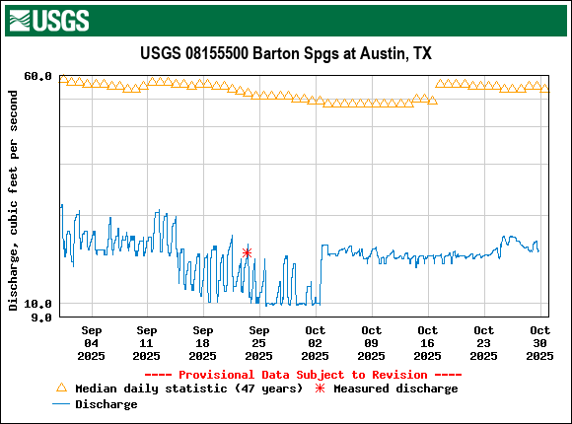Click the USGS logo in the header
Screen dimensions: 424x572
pos(48,20)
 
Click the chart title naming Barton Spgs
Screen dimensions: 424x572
pos(286,53)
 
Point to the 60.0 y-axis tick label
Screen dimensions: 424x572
pos(37,77)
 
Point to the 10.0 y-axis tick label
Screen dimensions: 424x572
pos(37,304)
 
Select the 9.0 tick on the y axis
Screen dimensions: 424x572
pos(41,318)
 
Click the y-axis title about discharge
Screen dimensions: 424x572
pos(13,199)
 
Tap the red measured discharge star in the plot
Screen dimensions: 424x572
pos(247,252)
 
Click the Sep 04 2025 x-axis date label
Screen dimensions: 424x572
pos(91,342)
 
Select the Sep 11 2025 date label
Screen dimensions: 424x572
pos(147,342)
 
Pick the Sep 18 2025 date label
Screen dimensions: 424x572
pos(203,342)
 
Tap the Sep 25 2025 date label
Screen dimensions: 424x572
pos(259,342)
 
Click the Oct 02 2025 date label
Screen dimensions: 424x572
pos(316,342)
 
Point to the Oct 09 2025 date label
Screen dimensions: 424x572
pos(372,342)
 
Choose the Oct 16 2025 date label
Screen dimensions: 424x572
pos(428,342)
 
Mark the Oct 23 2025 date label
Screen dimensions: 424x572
pos(484,342)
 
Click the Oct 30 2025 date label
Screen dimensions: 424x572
pos(539,342)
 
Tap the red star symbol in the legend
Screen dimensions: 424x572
pos(319,389)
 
